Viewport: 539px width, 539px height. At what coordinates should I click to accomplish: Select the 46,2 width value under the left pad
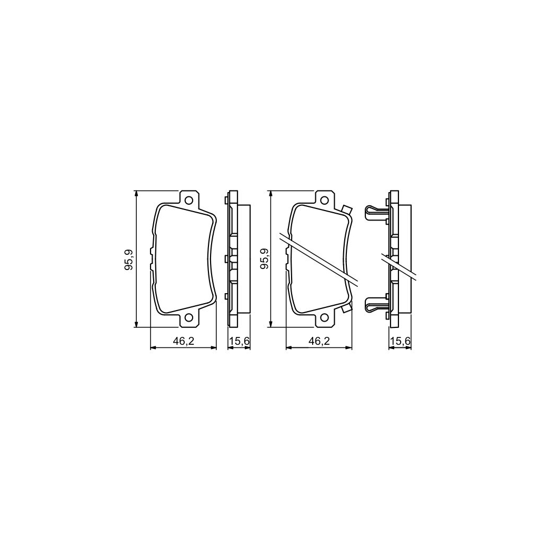(184, 341)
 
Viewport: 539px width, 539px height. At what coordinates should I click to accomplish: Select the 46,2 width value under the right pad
(318, 341)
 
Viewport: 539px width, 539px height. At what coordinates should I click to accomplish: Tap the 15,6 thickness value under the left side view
(238, 341)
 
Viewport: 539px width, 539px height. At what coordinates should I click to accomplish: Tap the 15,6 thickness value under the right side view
(400, 341)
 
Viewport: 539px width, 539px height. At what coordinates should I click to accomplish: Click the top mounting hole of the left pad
(189, 199)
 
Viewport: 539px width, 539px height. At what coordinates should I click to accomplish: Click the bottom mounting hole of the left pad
(189, 318)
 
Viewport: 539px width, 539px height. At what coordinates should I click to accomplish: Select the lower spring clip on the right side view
(375, 304)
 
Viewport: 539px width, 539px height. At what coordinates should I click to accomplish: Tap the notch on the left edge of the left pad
(153, 258)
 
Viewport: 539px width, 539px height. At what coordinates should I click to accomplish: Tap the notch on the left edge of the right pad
(288, 258)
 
